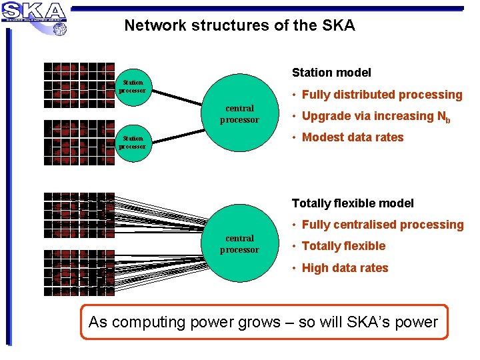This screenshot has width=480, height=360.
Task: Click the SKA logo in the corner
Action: (34, 12)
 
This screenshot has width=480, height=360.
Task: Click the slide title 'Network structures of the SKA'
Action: (239, 26)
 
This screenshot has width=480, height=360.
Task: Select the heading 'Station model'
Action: (331, 73)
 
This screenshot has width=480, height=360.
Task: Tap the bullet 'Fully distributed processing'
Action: (381, 95)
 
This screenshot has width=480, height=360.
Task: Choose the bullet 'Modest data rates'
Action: (352, 137)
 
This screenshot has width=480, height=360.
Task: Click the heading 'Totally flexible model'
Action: (353, 203)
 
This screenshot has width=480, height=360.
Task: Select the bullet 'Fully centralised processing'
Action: (382, 225)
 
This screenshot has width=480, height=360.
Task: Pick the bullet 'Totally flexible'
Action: (343, 246)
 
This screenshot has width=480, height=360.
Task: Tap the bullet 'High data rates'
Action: (345, 268)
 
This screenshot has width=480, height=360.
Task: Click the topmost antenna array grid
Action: (79, 84)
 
